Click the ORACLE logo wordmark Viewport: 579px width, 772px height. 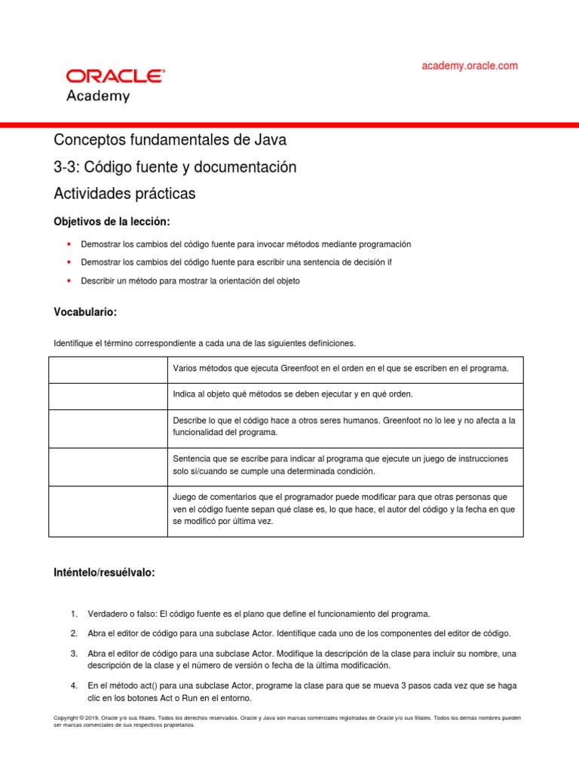click(x=115, y=76)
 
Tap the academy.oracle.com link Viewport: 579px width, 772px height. click(x=470, y=66)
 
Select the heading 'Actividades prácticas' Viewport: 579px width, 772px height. click(x=124, y=194)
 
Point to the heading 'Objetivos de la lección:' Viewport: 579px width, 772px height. click(x=112, y=222)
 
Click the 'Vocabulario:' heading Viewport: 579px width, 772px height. click(x=85, y=311)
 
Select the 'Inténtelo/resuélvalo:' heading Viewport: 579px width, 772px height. click(x=104, y=573)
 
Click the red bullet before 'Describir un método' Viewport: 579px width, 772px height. click(x=69, y=280)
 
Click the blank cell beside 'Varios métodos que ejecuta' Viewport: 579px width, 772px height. click(x=108, y=369)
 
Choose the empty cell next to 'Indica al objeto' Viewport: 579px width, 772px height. click(x=108, y=396)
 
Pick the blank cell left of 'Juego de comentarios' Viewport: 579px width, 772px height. click(x=108, y=511)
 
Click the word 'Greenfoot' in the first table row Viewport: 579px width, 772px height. click(x=302, y=369)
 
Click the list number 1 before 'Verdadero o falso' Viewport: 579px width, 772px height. click(x=73, y=614)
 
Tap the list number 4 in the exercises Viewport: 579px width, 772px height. click(x=73, y=686)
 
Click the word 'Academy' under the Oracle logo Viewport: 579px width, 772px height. click(x=98, y=96)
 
